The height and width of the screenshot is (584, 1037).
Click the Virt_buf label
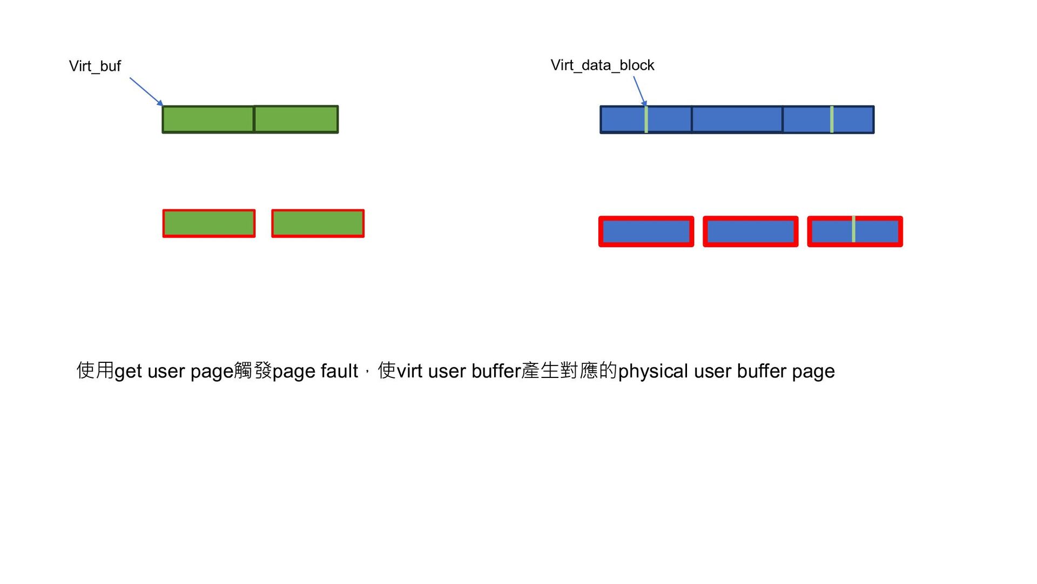tap(95, 66)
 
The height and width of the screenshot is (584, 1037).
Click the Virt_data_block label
tap(602, 65)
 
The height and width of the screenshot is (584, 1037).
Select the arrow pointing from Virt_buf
tap(146, 91)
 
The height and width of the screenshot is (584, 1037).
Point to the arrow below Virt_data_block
tap(639, 90)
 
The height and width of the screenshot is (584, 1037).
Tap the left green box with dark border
tap(208, 120)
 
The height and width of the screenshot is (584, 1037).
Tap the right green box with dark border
tap(296, 120)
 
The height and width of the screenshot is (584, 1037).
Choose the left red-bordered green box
tap(209, 223)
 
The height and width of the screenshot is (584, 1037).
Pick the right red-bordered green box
tap(318, 223)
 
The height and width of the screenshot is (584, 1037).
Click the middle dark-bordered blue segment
tap(737, 120)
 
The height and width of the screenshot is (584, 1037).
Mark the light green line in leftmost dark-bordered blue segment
tap(646, 120)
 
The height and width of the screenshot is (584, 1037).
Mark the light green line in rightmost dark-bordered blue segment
tap(832, 120)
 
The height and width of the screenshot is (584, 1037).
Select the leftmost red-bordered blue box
tap(646, 231)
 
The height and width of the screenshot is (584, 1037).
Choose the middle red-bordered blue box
tap(750, 231)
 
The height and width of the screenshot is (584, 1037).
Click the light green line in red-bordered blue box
tap(853, 229)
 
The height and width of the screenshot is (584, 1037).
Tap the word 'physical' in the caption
tap(652, 371)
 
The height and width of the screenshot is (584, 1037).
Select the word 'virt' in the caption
tap(409, 371)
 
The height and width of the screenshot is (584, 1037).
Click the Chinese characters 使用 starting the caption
tap(95, 370)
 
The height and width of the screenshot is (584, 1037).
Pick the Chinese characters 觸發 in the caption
tap(253, 370)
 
